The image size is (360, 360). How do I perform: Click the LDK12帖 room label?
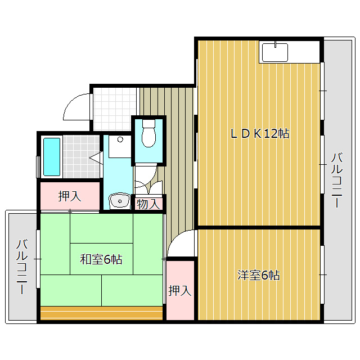[260, 134]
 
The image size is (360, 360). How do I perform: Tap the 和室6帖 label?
[101, 259]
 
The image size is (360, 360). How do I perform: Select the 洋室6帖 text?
[259, 275]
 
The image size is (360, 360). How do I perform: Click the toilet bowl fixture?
[148, 134]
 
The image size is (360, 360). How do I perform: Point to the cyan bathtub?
[52, 157]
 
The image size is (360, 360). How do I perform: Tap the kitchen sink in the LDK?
[275, 52]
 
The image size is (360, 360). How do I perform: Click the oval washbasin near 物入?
[119, 201]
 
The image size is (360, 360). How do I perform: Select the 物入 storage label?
[148, 204]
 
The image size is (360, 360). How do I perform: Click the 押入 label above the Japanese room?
[70, 196]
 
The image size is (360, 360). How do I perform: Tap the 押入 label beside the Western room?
[180, 291]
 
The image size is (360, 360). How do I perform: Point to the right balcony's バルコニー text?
[337, 180]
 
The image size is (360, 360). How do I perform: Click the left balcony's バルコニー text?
[22, 267]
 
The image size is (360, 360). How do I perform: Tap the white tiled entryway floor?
[115, 109]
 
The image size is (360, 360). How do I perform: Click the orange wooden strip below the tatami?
[101, 313]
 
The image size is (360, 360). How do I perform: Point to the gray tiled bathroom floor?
[81, 156]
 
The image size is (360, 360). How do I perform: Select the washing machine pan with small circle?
[120, 146]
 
